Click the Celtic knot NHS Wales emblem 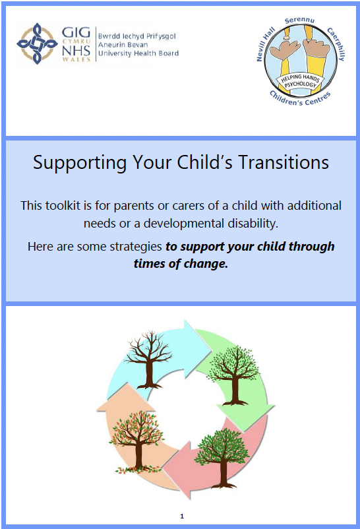(x=37, y=44)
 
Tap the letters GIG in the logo (x=76, y=33)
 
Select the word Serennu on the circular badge (x=299, y=20)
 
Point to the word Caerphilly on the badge (x=336, y=44)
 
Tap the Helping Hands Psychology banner (x=299, y=81)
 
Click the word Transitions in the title (x=284, y=162)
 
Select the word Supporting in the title (x=80, y=164)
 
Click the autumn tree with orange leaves (x=136, y=440)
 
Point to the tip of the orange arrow (x=127, y=384)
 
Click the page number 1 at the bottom (x=182, y=516)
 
